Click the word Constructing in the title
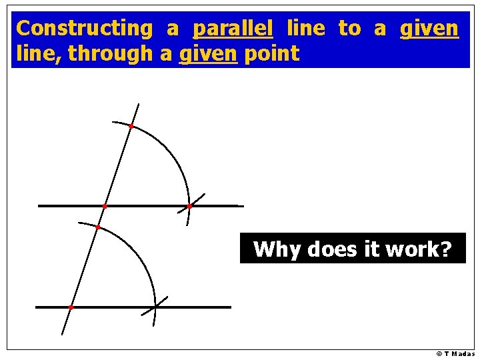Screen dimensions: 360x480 pos(84,29)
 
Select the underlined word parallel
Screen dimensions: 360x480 pos(233,29)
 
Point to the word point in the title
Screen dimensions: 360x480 pos(271,54)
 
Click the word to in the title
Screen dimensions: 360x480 pos(349,29)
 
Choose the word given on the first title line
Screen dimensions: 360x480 pos(429,29)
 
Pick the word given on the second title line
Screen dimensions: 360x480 pos(208,54)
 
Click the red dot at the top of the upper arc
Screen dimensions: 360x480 pos(131,126)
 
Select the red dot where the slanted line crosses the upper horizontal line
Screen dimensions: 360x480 pos(105,207)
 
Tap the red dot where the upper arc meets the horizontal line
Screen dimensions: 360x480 pos(189,207)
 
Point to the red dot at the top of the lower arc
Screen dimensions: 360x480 pos(97,227)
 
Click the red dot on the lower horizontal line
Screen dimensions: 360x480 pos(71,307)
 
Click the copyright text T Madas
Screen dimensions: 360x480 pos(456,354)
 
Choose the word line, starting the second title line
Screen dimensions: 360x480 pos(39,54)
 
